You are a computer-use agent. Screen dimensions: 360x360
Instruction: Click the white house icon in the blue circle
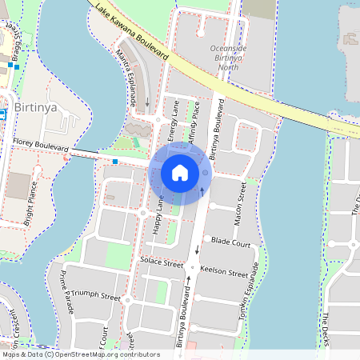click(x=180, y=172)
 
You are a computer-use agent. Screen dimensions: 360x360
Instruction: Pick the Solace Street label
click(x=162, y=262)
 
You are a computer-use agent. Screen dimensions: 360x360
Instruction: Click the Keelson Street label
click(x=224, y=272)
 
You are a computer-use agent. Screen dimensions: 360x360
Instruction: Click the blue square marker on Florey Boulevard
click(x=115, y=162)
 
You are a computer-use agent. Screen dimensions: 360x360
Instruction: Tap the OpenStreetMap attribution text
click(x=81, y=354)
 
